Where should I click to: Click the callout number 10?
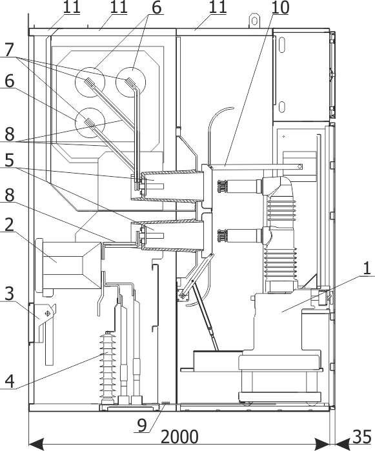(x=279, y=8)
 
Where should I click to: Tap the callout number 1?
(x=367, y=268)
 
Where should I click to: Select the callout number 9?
(x=141, y=425)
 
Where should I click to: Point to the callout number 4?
(x=9, y=381)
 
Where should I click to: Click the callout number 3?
(x=10, y=294)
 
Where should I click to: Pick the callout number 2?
(x=9, y=225)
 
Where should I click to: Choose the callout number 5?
(x=9, y=160)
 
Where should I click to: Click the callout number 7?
(x=9, y=50)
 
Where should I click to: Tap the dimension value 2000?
(x=179, y=437)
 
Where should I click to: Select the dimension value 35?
(x=361, y=437)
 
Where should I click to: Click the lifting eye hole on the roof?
(x=254, y=21)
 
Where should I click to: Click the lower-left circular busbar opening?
(x=90, y=123)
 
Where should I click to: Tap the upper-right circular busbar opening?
(x=130, y=82)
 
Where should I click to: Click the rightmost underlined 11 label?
(x=218, y=7)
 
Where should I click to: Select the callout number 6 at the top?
(x=156, y=8)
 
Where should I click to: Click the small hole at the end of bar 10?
(x=299, y=166)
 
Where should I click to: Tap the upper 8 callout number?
(x=9, y=134)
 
